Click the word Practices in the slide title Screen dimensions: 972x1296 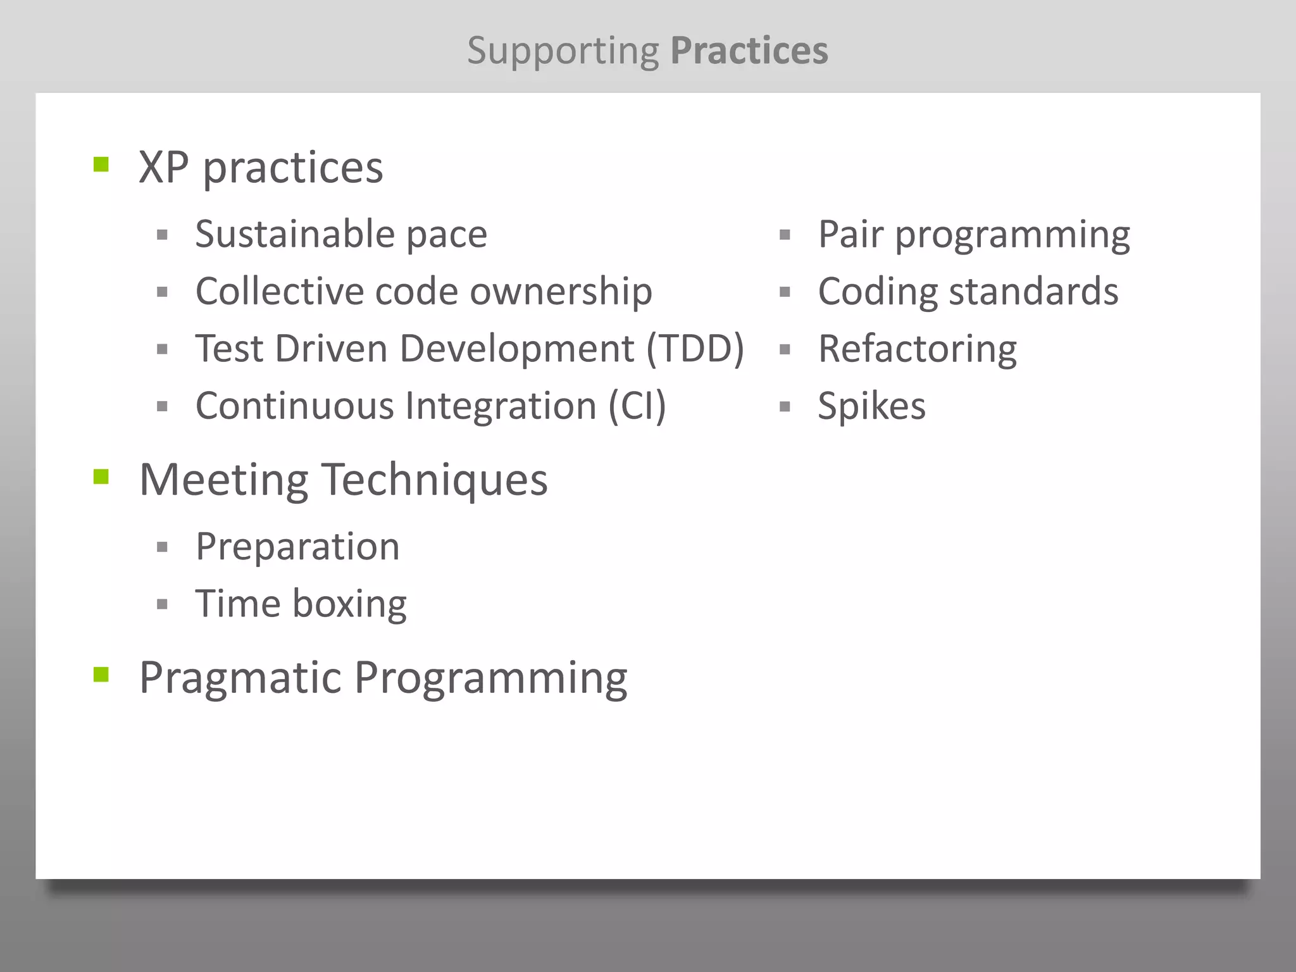pyautogui.click(x=749, y=51)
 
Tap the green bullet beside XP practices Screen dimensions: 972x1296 pyautogui.click(x=101, y=165)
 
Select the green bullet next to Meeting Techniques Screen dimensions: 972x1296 pyautogui.click(x=101, y=477)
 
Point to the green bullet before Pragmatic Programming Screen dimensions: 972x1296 pyautogui.click(x=101, y=675)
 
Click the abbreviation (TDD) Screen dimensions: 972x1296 pyautogui.click(x=695, y=349)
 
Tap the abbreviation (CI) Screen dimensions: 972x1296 pyautogui.click(x=637, y=406)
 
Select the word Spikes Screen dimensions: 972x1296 pyautogui.click(x=871, y=406)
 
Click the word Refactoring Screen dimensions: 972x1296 pyautogui.click(x=917, y=349)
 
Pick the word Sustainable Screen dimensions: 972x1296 pyautogui.click(x=296, y=234)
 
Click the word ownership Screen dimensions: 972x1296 pyautogui.click(x=561, y=292)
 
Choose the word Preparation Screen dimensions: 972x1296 pyautogui.click(x=297, y=546)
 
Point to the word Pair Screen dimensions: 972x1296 pyautogui.click(x=850, y=234)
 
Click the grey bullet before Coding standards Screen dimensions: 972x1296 pyautogui.click(x=785, y=292)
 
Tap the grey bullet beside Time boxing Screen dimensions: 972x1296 pyautogui.click(x=162, y=604)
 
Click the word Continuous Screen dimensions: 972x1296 pyautogui.click(x=295, y=406)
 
